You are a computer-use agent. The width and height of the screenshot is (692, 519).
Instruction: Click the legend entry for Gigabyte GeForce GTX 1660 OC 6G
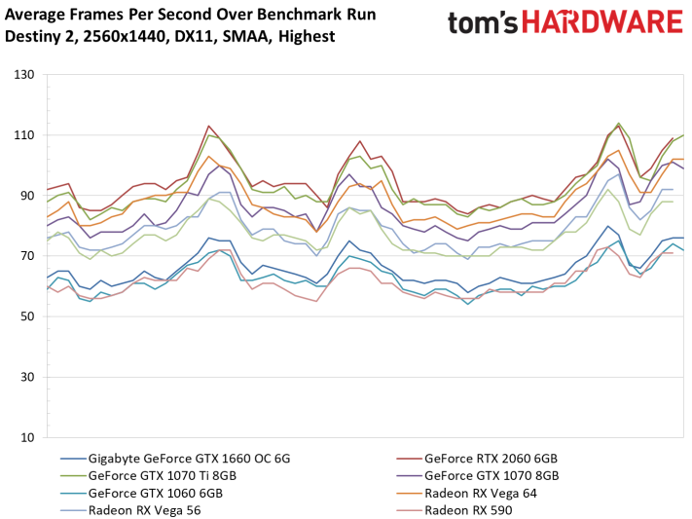click(190, 459)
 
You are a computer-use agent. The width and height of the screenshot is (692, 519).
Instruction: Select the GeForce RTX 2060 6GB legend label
click(491, 459)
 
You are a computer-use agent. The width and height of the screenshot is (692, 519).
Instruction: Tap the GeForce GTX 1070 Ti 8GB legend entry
click(163, 476)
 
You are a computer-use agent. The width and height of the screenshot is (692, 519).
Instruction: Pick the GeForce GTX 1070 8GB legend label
click(492, 476)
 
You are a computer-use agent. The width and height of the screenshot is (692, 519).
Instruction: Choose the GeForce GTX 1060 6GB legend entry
click(156, 493)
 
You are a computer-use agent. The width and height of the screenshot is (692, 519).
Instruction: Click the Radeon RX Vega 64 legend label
click(481, 493)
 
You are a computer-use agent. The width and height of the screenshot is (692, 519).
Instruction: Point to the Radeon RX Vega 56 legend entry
click(145, 510)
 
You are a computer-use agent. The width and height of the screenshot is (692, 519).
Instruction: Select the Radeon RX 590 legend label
click(468, 510)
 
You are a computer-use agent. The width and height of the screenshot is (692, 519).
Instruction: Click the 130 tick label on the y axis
click(23, 75)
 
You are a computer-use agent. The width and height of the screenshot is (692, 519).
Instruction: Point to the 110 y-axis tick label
click(23, 135)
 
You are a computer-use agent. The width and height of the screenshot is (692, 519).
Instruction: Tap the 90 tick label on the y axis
click(27, 196)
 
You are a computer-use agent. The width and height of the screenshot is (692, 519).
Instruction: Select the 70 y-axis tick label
click(27, 256)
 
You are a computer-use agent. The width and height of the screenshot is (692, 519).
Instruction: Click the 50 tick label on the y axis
click(27, 316)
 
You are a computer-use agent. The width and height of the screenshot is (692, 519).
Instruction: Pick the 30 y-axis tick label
click(27, 377)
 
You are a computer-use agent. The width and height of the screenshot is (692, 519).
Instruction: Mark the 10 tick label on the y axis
click(27, 438)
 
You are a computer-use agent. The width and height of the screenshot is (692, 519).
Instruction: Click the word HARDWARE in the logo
click(601, 22)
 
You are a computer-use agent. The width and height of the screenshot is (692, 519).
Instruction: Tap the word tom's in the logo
click(483, 23)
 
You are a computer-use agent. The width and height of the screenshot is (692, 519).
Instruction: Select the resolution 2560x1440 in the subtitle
click(125, 36)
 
